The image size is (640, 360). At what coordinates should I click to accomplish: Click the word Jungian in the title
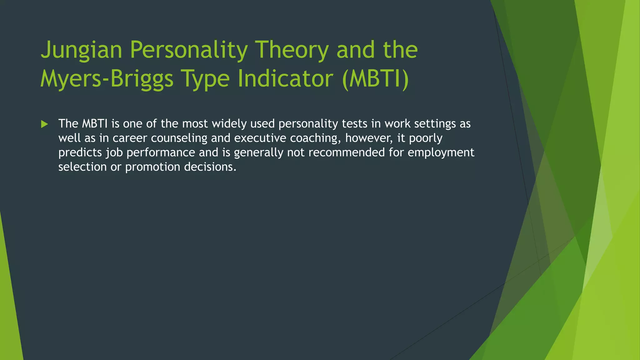(81, 50)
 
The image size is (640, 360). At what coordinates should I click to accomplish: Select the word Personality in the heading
(189, 50)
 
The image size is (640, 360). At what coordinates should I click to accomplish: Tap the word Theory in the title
(292, 50)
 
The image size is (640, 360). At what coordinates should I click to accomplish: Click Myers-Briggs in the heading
(107, 78)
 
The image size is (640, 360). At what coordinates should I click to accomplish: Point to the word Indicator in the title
(285, 78)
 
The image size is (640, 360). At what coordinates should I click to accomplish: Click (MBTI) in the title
(375, 78)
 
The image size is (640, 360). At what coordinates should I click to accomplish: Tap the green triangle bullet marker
(44, 124)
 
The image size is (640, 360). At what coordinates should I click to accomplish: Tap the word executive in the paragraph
(260, 138)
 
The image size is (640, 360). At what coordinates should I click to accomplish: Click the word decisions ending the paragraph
(210, 167)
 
